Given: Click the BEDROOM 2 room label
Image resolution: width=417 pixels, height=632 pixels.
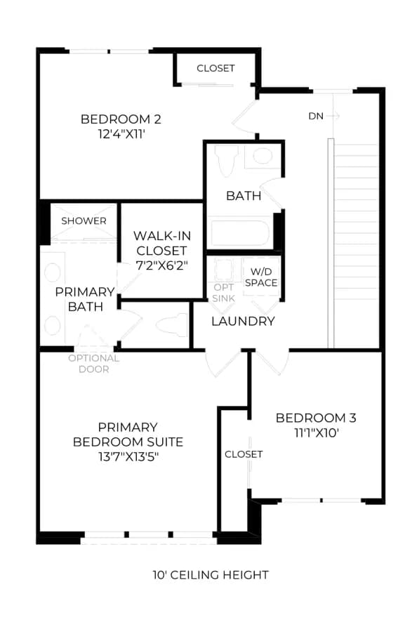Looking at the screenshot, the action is coord(121,119).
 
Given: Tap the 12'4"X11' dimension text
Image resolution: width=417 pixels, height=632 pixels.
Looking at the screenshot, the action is coord(121,134).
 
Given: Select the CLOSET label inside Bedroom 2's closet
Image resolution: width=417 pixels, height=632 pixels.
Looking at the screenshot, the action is coord(216,68).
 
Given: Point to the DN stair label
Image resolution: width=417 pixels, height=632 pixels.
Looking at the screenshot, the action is coord(316,116).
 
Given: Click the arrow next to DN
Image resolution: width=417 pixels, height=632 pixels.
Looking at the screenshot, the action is coord(333,116).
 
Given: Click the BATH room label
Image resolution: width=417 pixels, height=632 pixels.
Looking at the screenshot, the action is coord(244,196).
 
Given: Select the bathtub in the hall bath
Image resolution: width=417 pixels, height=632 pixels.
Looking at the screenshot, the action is coord(240,232).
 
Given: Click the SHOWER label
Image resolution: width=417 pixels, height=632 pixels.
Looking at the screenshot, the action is coord(84,221).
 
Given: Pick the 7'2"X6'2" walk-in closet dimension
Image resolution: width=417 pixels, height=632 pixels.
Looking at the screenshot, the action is coord(162,265).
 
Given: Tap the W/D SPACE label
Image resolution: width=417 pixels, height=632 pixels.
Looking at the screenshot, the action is coord(261,277).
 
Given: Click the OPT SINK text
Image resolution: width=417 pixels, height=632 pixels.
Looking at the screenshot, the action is coord(224,293).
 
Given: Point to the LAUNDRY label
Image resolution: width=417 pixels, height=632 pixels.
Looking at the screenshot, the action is coord(243,321).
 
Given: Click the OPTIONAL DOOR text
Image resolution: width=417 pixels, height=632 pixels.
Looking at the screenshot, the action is coord(93,364).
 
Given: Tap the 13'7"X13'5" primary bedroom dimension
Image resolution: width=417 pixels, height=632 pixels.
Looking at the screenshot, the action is coord(128,456).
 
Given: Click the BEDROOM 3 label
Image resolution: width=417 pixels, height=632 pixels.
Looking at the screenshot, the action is coord(316,418).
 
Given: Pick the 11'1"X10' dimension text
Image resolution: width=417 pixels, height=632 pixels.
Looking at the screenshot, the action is coord(317,433).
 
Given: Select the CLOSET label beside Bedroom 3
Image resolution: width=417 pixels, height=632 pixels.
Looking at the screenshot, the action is coord(244,454).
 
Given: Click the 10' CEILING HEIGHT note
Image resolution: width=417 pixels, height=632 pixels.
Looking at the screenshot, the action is coord(211,574).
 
